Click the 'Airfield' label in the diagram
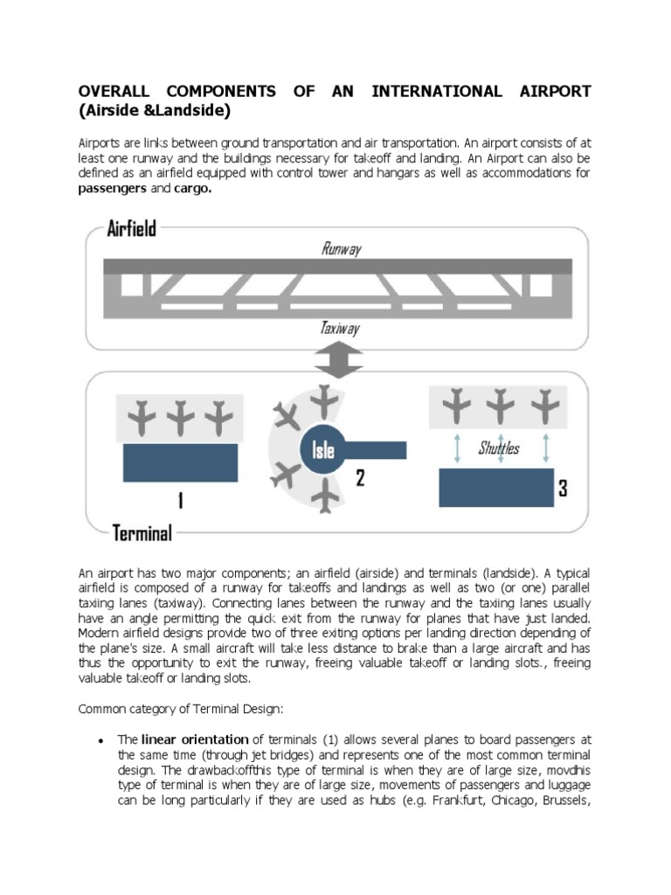131,229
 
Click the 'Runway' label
341,249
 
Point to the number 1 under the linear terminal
180,501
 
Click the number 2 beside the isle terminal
359,478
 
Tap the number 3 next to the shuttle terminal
564,489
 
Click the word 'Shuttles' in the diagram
499,447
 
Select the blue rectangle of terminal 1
180,462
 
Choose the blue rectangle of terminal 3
496,488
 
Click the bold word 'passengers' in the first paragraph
113,189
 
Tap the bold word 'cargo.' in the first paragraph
193,189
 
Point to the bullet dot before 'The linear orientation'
102,740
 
